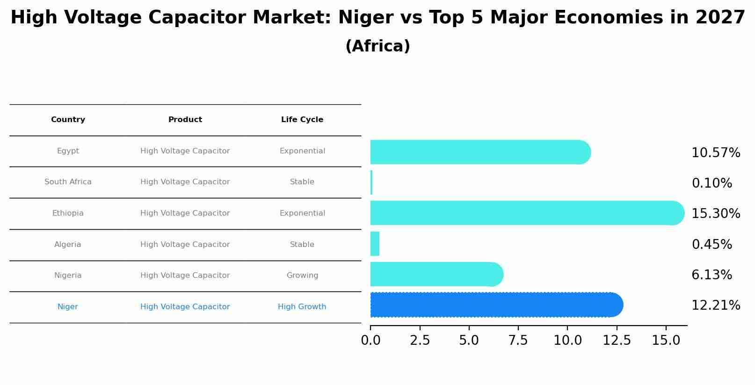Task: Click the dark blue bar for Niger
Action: pyautogui.click(x=496, y=305)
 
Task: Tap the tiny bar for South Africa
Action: pyautogui.click(x=371, y=182)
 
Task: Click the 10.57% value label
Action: pyautogui.click(x=715, y=153)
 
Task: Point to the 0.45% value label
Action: pyautogui.click(x=711, y=245)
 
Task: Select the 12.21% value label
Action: pyautogui.click(x=715, y=305)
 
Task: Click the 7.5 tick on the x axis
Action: pyautogui.click(x=518, y=341)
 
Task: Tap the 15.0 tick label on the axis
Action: pyautogui.click(x=666, y=341)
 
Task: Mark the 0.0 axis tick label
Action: pyautogui.click(x=370, y=341)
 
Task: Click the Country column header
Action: pyautogui.click(x=68, y=120)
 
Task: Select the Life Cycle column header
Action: pyautogui.click(x=302, y=120)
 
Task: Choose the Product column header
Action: pyautogui.click(x=185, y=120)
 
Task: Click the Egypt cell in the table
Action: pyautogui.click(x=68, y=151)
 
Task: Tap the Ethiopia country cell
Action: pyautogui.click(x=68, y=213)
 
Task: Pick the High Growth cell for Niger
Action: pyautogui.click(x=302, y=307)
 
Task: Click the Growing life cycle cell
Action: pyautogui.click(x=302, y=276)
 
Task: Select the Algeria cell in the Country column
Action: pyautogui.click(x=68, y=245)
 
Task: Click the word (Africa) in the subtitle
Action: pyautogui.click(x=377, y=46)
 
